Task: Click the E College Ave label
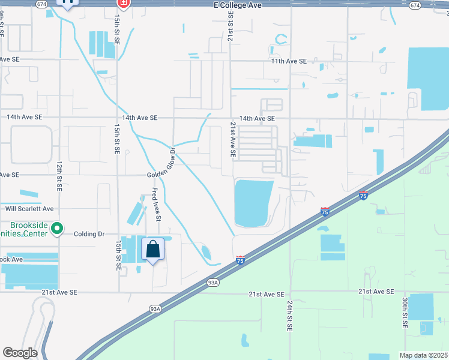(x=237, y=5)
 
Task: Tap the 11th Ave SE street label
(x=289, y=61)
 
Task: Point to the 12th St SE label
(x=59, y=175)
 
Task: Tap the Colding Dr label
(x=89, y=234)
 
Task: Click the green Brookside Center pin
(x=57, y=229)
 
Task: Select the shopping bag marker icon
(x=153, y=248)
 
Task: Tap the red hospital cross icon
(x=123, y=4)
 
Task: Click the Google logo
(x=20, y=353)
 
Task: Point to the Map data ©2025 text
(x=424, y=355)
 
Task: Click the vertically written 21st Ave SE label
(x=233, y=139)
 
